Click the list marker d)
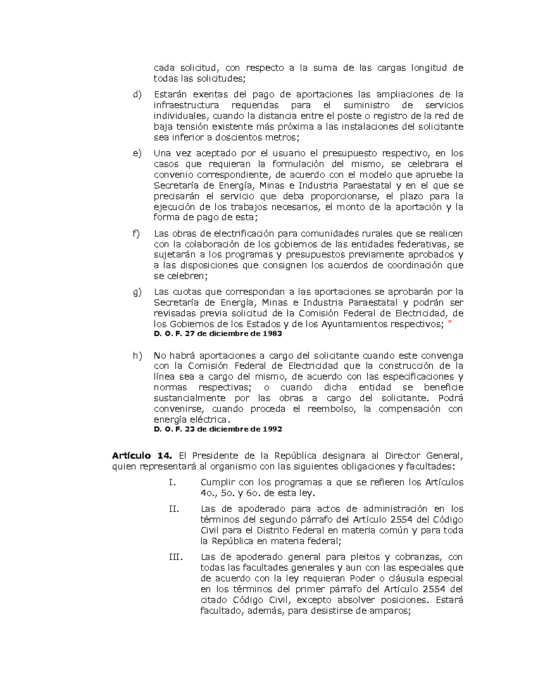coord(137,94)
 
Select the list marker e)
coord(137,153)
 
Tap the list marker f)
coord(136,233)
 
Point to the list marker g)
coord(137,292)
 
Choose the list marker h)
coord(137,355)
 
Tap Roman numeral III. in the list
coord(175,557)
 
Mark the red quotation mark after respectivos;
coord(449,323)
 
